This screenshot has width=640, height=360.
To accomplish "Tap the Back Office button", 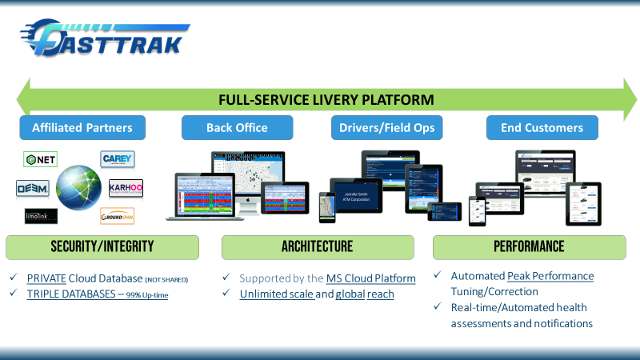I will (237, 127).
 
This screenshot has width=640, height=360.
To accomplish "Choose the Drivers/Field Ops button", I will (386, 127).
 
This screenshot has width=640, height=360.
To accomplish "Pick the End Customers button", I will (542, 127).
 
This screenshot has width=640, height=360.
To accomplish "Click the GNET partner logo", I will (40, 160).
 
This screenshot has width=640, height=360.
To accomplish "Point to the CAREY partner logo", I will (118, 159).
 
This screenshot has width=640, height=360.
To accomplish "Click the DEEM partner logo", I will (33, 188).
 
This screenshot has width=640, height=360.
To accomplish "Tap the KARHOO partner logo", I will (126, 189).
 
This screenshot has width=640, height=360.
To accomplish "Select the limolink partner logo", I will (41, 216).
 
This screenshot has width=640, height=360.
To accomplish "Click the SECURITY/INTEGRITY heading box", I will (102, 246).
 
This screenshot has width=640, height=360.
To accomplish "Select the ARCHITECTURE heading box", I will (317, 246).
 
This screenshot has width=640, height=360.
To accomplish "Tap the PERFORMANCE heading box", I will (529, 246).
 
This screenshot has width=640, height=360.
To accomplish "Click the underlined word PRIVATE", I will (46, 278).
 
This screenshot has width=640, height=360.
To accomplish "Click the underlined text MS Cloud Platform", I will (370, 278).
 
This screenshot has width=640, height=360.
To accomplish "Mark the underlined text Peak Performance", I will (550, 276).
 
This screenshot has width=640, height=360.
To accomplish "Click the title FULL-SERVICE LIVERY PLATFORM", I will (326, 99).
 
